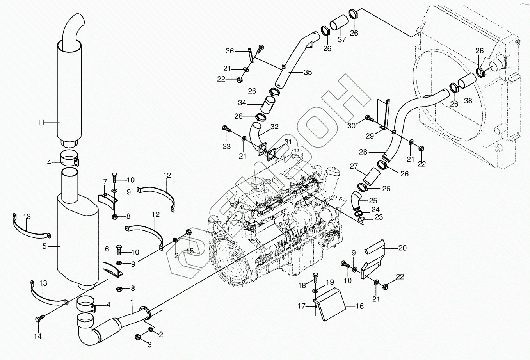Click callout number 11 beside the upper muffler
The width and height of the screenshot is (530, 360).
41,123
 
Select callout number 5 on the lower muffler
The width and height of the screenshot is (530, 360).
44,246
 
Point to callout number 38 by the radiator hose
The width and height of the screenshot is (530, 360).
468,100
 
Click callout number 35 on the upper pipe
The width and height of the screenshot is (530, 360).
308,72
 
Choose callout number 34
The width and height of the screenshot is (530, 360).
242,102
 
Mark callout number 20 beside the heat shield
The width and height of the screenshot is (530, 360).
402,247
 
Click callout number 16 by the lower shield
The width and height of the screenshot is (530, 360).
359,306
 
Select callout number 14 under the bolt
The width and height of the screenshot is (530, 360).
38,336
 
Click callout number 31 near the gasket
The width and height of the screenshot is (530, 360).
288,141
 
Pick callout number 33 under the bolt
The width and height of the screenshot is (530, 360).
227,146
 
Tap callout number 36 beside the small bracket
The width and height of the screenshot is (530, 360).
229,51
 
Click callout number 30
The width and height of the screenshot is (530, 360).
351,125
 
